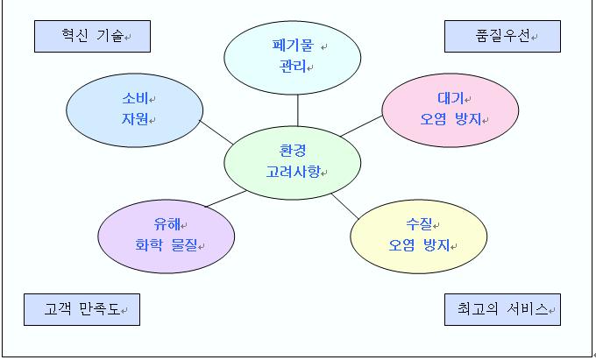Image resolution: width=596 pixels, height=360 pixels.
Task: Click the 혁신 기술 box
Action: [x=92, y=36]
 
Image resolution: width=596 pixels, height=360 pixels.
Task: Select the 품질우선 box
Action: [x=502, y=36]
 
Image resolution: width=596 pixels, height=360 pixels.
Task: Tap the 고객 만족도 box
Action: [x=82, y=309]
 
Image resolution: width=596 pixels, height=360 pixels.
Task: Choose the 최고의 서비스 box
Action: [x=502, y=309]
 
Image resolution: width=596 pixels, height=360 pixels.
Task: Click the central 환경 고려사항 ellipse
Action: [x=292, y=163]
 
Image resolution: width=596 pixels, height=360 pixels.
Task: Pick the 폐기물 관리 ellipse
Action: [x=292, y=58]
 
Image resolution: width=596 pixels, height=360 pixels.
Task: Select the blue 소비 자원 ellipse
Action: [x=135, y=110]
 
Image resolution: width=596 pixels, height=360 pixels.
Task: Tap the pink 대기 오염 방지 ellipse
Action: [x=450, y=110]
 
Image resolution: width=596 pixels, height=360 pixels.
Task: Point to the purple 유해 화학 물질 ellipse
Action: [x=167, y=236]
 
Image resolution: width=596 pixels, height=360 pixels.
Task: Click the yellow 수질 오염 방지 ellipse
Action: [x=418, y=236]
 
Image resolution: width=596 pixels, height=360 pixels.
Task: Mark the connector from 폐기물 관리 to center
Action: [x=298, y=110]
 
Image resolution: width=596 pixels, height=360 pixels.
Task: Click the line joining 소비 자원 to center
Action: [x=216, y=132]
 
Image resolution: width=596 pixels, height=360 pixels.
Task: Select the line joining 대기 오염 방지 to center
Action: [x=361, y=126]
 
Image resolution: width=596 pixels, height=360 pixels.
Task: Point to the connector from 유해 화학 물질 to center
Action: [x=226, y=199]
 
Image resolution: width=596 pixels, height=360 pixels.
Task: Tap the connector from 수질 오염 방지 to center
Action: [x=344, y=206]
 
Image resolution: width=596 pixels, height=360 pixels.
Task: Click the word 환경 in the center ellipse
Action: [x=292, y=151]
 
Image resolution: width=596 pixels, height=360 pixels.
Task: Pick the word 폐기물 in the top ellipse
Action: [x=293, y=46]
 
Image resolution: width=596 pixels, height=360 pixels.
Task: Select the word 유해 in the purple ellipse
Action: [x=167, y=224]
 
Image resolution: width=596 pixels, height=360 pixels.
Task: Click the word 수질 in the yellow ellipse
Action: [x=419, y=224]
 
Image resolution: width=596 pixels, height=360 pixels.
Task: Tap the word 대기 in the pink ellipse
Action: [x=451, y=98]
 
